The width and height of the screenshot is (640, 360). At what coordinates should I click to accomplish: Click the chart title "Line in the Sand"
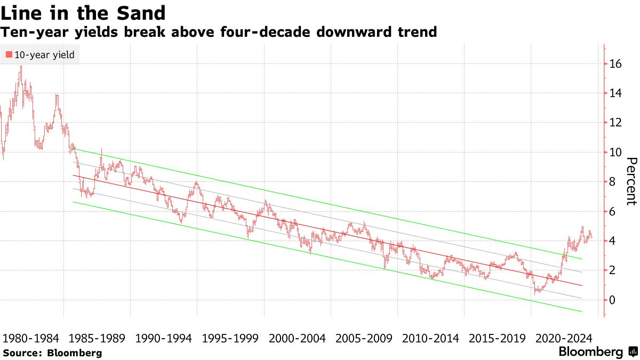click(x=83, y=12)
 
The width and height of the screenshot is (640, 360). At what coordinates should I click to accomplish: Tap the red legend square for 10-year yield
click(x=9, y=54)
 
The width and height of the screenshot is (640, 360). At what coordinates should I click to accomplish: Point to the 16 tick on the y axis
click(x=615, y=64)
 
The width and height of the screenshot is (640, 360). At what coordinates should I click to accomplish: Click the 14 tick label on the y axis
click(x=615, y=93)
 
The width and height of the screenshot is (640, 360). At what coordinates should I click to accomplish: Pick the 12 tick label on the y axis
click(x=615, y=123)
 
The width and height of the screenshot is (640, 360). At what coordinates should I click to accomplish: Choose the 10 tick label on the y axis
click(x=615, y=153)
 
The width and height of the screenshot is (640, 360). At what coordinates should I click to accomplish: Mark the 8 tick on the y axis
click(x=613, y=182)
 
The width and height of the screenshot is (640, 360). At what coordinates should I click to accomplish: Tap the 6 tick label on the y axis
click(x=613, y=212)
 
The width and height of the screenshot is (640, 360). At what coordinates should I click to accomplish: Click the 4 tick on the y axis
click(x=613, y=241)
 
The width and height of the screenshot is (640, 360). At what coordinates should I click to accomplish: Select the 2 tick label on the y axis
click(x=613, y=270)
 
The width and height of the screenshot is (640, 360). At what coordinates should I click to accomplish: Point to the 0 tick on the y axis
click(x=613, y=300)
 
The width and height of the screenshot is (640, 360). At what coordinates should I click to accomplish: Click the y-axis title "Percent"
click(x=631, y=181)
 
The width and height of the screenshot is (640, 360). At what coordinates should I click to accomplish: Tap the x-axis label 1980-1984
click(x=30, y=338)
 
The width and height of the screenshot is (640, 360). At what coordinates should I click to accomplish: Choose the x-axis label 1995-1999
click(x=230, y=338)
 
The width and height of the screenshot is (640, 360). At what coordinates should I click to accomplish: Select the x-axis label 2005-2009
click(x=364, y=338)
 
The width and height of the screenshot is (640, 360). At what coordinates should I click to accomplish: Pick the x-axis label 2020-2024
click(x=563, y=338)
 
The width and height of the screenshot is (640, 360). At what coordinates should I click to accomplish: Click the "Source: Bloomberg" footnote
click(x=52, y=353)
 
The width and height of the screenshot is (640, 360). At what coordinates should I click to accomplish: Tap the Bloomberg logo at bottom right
click(x=597, y=352)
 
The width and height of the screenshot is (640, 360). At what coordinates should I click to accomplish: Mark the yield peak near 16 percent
click(x=21, y=67)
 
